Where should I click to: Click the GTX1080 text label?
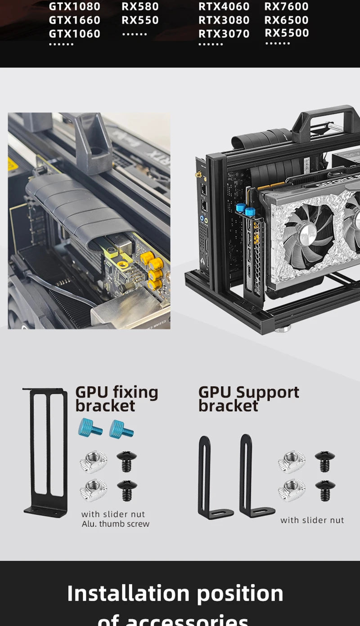(x=74, y=7)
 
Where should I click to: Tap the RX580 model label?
(x=140, y=7)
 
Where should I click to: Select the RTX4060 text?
(x=224, y=7)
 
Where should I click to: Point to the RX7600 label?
(x=286, y=7)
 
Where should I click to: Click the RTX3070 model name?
(x=224, y=34)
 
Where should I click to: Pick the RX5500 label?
(x=287, y=33)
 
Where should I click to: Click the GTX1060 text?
(x=74, y=34)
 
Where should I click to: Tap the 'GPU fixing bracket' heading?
(x=116, y=399)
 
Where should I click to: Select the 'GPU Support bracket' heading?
(x=248, y=399)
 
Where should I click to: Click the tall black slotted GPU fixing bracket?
(x=46, y=452)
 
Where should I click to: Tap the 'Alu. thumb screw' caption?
(x=115, y=524)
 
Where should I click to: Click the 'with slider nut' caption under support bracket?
(x=312, y=520)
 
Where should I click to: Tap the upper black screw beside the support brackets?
(x=324, y=461)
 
